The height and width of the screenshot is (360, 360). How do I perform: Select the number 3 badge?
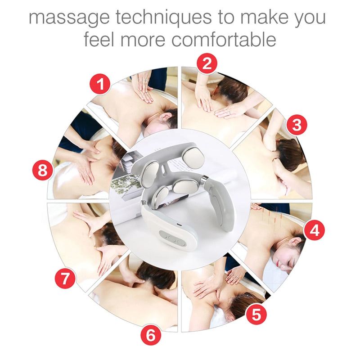coord(296,125)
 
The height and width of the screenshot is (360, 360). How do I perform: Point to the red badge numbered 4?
coord(314,230)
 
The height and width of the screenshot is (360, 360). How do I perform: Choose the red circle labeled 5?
coord(256,314)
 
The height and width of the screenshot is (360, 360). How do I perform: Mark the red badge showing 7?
coord(66,278)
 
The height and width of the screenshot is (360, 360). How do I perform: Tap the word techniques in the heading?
coord(163,18)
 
